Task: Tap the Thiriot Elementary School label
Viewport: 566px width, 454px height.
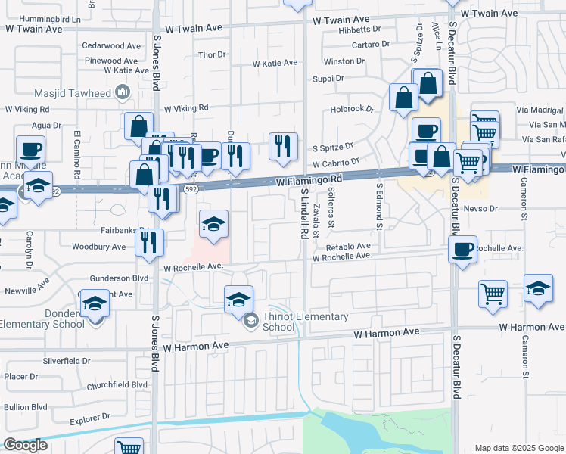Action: tap(305, 322)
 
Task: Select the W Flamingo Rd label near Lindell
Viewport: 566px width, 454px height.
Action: tap(309, 181)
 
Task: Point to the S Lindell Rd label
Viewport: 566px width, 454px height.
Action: tap(303, 215)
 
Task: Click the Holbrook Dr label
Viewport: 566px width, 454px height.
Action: tap(353, 109)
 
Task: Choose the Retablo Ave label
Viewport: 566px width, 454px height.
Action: tap(348, 247)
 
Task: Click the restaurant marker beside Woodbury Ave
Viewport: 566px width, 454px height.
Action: tap(148, 242)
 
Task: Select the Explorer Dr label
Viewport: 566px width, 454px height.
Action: tap(90, 417)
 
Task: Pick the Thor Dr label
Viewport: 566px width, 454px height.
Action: tap(212, 54)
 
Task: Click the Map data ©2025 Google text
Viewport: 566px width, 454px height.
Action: tap(518, 447)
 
